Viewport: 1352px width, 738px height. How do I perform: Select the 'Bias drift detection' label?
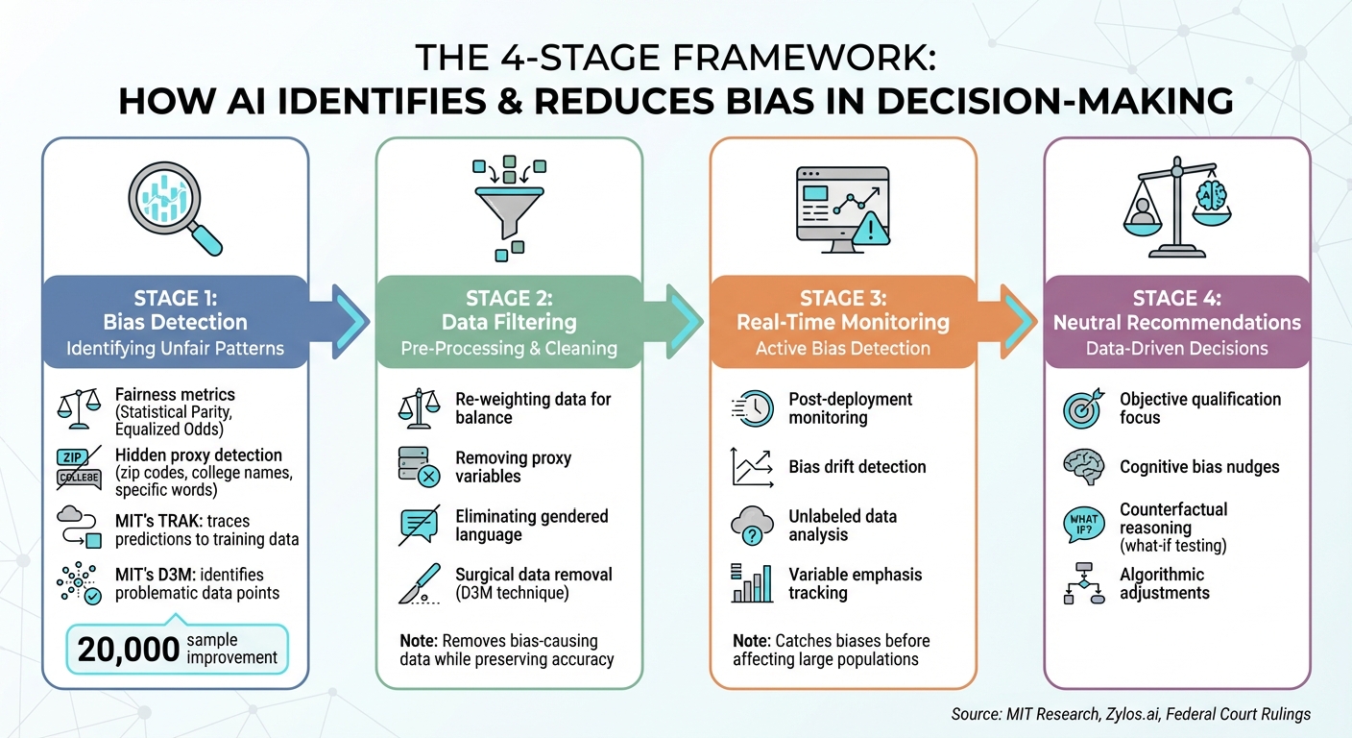pos(857,467)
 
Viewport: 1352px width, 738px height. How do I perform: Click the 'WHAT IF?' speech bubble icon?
pos(1083,526)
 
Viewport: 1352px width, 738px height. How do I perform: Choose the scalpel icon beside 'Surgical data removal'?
pos(420,583)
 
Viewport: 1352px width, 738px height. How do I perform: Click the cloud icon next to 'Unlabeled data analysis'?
pos(752,526)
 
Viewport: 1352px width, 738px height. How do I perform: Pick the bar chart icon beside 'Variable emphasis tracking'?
pos(752,583)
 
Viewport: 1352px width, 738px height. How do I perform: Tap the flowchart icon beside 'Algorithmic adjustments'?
pos(1084,583)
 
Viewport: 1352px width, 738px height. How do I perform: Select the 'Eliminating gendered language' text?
pos(531,526)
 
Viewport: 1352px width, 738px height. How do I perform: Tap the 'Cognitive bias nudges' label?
pos(1199,467)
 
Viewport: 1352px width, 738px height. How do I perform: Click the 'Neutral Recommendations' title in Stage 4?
pos(1176,322)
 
